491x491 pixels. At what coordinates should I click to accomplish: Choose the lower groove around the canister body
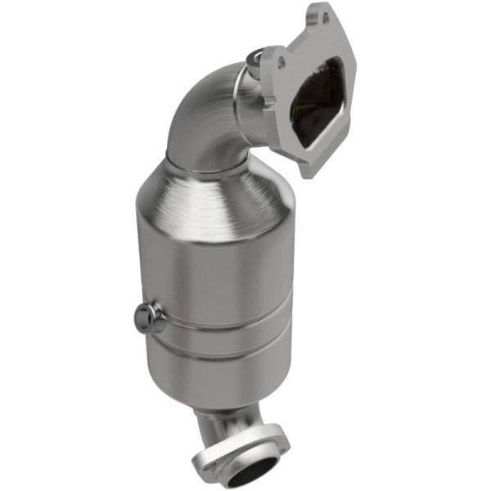pos(217,353)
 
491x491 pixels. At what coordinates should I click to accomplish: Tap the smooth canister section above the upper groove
pos(221,270)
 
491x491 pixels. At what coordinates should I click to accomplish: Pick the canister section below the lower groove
pos(217,376)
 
